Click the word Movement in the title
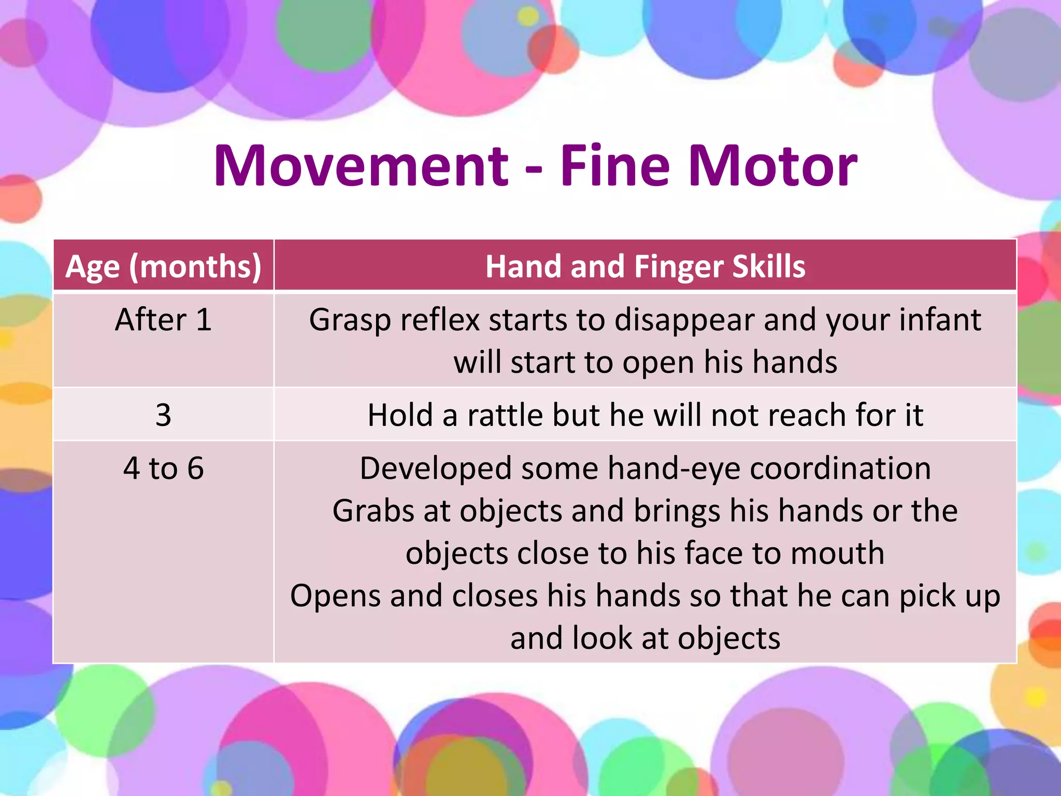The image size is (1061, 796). (361, 166)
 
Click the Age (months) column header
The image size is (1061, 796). (163, 267)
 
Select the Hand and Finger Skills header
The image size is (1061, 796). (645, 267)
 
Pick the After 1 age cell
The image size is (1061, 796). (163, 320)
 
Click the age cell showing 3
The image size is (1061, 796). (163, 415)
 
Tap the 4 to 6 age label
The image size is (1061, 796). (163, 468)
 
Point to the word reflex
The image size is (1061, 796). (440, 320)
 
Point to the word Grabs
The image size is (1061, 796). (373, 511)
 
